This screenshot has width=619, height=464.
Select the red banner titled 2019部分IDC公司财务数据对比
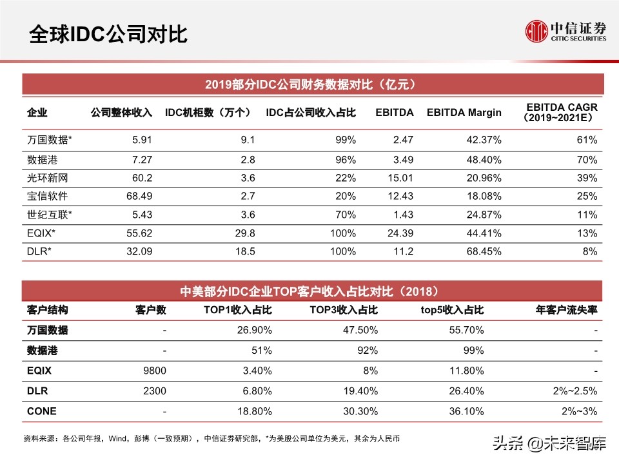pyautogui.click(x=309, y=84)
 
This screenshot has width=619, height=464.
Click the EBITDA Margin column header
pyautogui.click(x=464, y=112)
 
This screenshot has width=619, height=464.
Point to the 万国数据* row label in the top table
pyautogui.click(x=49, y=139)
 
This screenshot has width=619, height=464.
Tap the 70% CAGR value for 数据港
pyautogui.click(x=587, y=158)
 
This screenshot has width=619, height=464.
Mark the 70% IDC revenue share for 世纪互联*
pyautogui.click(x=346, y=215)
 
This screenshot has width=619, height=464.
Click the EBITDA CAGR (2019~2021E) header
pyautogui.click(x=562, y=112)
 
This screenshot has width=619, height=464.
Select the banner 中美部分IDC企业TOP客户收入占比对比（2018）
pyautogui.click(x=309, y=291)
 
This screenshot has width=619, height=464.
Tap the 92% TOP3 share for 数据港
pyautogui.click(x=368, y=351)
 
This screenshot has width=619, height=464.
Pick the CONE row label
pyautogui.click(x=41, y=411)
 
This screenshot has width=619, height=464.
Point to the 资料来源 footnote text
pyautogui.click(x=211, y=439)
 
